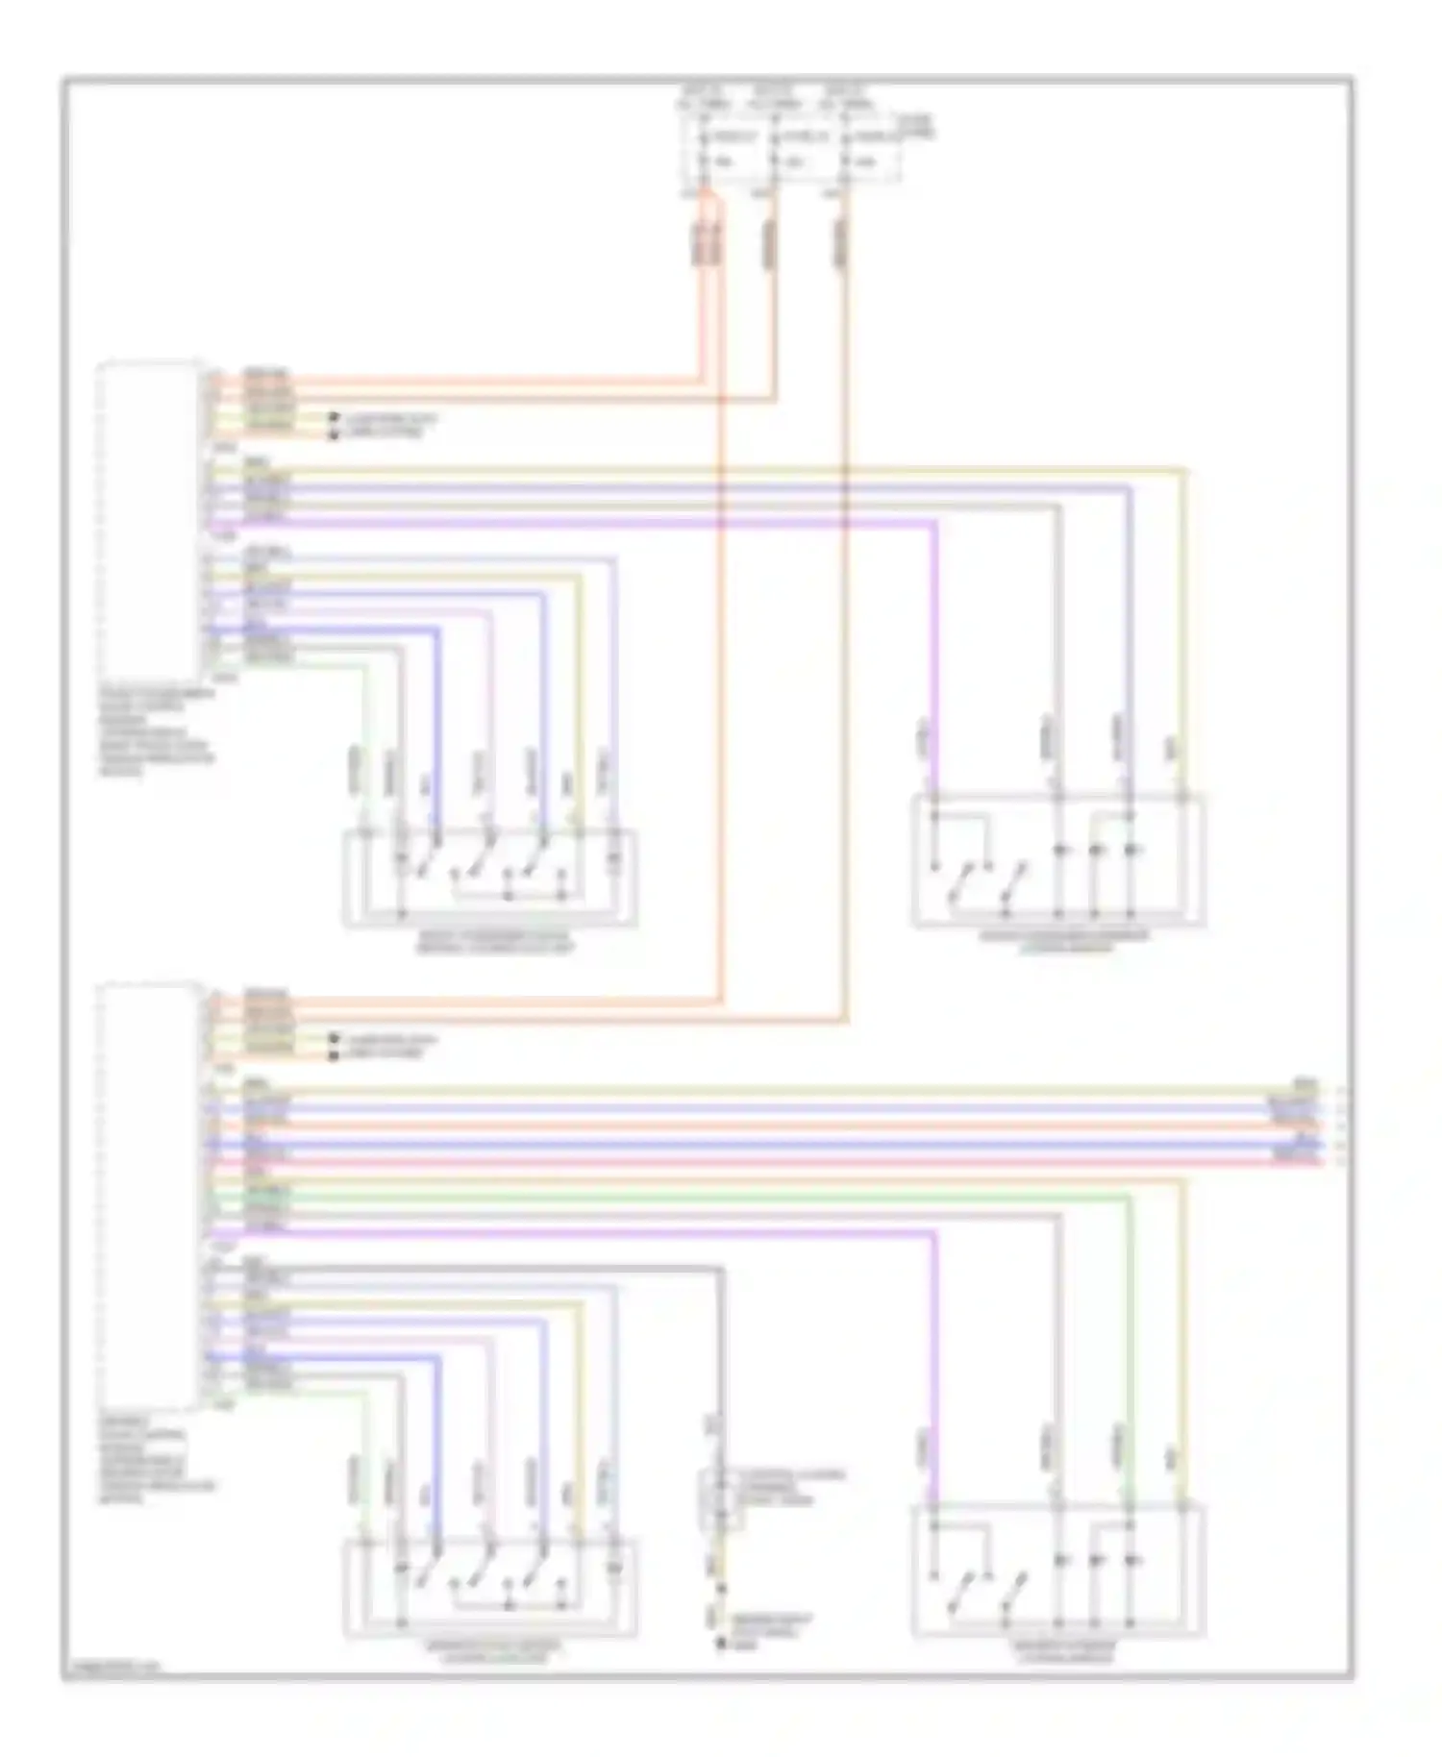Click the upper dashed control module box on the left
[150, 519]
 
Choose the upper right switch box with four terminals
[1057, 861]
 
